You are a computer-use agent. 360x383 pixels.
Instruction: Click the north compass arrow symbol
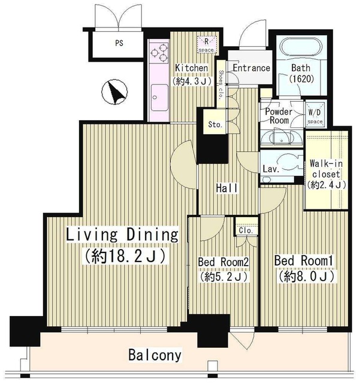click(x=114, y=92)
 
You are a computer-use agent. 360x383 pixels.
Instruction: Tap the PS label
click(x=119, y=43)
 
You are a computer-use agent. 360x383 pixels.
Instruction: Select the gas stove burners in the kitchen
click(x=159, y=53)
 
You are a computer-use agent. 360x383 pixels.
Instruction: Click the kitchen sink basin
click(x=159, y=98)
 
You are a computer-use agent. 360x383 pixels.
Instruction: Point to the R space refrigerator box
click(x=207, y=44)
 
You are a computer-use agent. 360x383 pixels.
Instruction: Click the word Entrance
click(x=251, y=68)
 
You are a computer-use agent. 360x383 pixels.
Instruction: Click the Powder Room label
click(x=279, y=115)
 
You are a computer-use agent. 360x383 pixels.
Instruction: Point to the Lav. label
click(x=271, y=169)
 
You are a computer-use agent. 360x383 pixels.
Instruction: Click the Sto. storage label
click(x=215, y=124)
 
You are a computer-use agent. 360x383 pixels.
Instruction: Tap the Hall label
click(x=226, y=188)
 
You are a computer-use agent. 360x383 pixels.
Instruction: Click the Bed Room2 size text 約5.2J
click(x=224, y=276)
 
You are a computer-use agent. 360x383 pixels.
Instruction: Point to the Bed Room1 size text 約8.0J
click(x=307, y=276)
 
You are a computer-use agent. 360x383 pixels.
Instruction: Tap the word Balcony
click(x=155, y=355)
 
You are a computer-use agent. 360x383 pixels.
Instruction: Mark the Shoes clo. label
click(x=221, y=85)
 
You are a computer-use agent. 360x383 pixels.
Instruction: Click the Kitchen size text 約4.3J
click(x=192, y=81)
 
